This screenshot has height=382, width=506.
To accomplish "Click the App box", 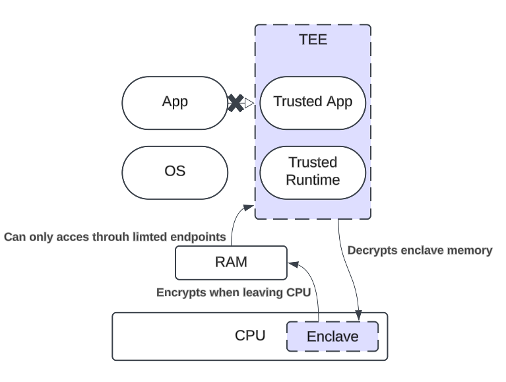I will click(x=175, y=102).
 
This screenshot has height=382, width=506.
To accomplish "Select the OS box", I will click(x=175, y=172).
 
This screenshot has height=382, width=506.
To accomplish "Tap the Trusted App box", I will click(x=313, y=102).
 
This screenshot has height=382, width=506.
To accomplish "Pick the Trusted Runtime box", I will click(x=313, y=171).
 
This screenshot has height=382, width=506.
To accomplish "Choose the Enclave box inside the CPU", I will click(x=332, y=336).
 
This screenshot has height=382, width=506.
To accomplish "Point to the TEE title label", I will click(x=313, y=40).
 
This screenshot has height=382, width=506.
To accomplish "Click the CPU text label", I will click(x=250, y=335).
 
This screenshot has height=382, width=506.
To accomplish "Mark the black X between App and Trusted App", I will click(x=236, y=103).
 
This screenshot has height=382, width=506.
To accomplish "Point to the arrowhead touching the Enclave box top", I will click(x=359, y=317).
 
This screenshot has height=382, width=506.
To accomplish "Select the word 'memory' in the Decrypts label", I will click(x=472, y=251).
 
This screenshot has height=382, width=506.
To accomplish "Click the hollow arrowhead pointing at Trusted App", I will click(x=249, y=103).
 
